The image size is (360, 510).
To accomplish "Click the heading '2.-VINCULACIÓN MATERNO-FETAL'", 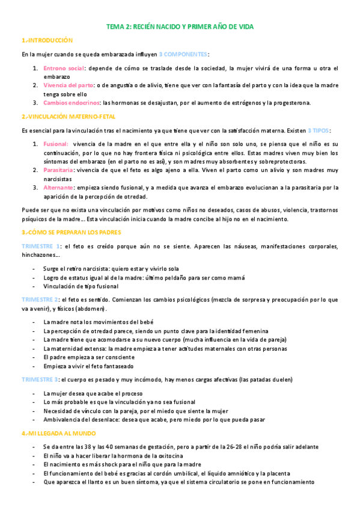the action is click(x=68, y=116).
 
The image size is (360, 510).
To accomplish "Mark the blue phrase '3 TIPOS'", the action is click(x=317, y=130).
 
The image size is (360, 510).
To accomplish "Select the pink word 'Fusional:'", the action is click(x=56, y=144).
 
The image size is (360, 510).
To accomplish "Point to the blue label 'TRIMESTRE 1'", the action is click(x=41, y=246).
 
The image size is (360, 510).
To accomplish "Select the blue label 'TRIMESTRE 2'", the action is click(x=40, y=299).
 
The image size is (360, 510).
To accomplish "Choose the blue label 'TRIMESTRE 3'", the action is click(x=40, y=379).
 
